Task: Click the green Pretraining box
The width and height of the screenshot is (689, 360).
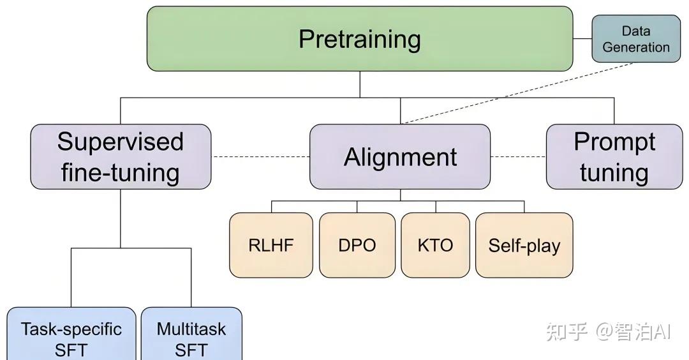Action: pos(360,39)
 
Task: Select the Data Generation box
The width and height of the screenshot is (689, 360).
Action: pos(635,39)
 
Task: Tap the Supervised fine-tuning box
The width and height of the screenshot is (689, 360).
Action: pos(121,157)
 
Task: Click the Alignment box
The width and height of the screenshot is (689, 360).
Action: pos(400,157)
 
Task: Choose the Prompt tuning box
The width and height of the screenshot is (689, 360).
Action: pos(614,157)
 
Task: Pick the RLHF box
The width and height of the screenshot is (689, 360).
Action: pos(271,246)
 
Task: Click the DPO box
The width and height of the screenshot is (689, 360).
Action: pos(357,246)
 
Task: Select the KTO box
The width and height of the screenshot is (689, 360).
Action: pos(435,246)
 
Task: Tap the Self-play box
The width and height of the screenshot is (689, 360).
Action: pos(524,246)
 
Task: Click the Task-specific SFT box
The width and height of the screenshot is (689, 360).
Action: pos(71,334)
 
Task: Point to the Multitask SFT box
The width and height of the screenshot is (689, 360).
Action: pos(191,334)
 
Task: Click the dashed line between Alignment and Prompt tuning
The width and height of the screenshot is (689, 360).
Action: pos(518,156)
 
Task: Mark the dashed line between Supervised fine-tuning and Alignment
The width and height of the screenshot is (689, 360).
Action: pos(260,156)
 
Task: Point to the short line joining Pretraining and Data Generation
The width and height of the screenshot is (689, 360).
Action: pos(582,39)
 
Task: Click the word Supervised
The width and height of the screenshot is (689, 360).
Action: pos(121,142)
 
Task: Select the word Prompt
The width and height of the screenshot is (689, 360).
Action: pos(614,142)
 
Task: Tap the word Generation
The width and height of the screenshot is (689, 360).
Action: pos(635,47)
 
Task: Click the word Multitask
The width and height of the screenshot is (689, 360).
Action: pos(191,329)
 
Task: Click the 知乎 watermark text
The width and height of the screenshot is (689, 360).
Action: pos(567,331)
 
